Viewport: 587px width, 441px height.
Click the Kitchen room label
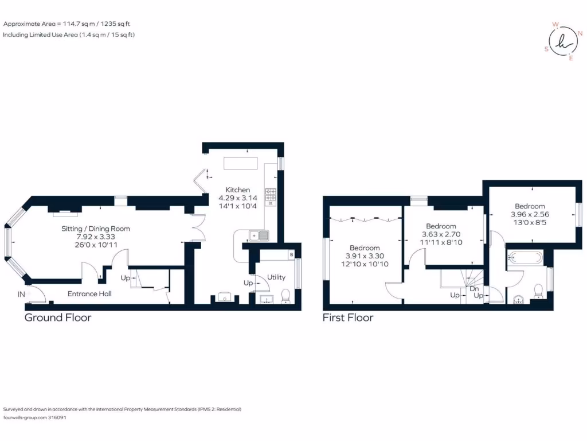[x=237, y=190]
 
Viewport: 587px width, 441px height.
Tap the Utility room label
[x=276, y=277]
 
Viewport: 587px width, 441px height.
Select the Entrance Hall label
[x=89, y=294]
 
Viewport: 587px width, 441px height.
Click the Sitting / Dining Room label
[x=96, y=229]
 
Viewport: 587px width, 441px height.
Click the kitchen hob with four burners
[x=271, y=196]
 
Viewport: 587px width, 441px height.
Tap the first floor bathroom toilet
[x=538, y=292]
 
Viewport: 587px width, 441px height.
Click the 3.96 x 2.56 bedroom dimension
[x=529, y=215]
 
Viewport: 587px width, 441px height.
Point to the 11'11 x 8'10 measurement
[x=441, y=242]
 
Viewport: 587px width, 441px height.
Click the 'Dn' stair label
[x=473, y=289]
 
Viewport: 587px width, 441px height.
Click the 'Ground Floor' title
[x=58, y=318]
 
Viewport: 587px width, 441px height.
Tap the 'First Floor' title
[x=348, y=318]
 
